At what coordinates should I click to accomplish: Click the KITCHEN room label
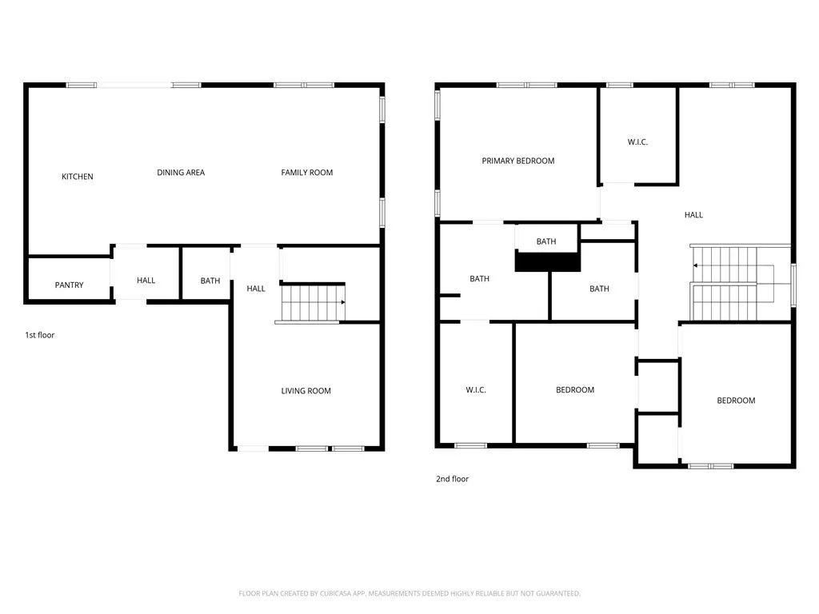click(x=78, y=177)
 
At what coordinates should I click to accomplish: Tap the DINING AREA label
click(x=181, y=173)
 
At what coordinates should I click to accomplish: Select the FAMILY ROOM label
click(x=306, y=173)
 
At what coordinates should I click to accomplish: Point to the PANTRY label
click(x=69, y=285)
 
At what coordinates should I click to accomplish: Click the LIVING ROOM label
click(x=306, y=391)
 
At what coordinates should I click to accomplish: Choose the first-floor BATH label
click(x=210, y=281)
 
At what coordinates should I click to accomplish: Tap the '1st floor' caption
click(x=40, y=335)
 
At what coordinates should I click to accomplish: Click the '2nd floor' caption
click(x=452, y=479)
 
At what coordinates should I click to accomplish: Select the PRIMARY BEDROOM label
click(x=517, y=161)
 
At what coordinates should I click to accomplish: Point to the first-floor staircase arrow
click(x=342, y=302)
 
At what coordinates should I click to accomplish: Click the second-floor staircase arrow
click(x=695, y=265)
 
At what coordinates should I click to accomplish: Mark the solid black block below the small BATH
click(x=547, y=261)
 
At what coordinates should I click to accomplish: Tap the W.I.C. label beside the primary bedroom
click(x=637, y=142)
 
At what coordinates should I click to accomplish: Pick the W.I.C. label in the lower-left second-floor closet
click(x=476, y=390)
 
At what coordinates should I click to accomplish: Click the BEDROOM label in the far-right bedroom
click(x=735, y=401)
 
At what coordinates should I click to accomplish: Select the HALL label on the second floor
click(x=693, y=214)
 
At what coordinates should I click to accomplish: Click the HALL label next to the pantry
click(x=146, y=281)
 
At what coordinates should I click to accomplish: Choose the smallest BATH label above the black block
click(x=546, y=241)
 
